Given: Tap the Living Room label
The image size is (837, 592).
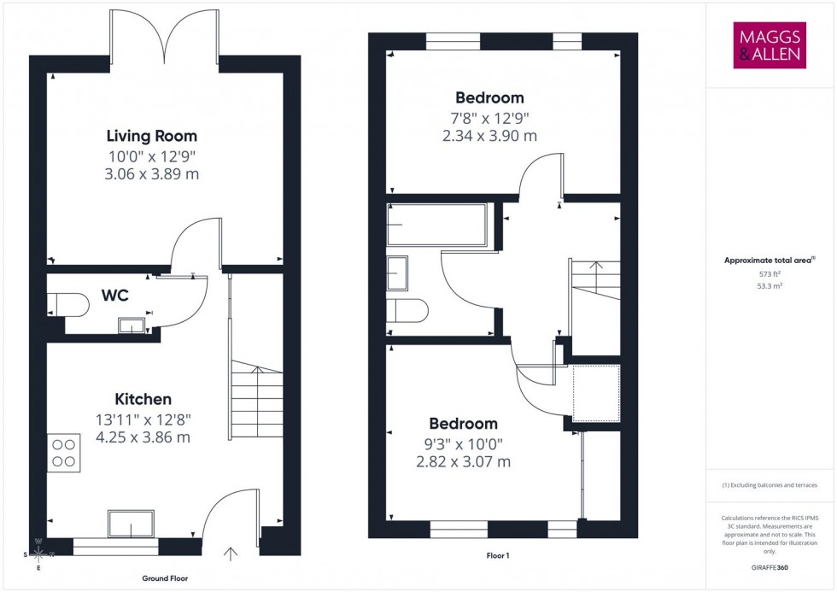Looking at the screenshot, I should pyautogui.click(x=151, y=136).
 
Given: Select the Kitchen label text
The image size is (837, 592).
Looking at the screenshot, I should pyautogui.click(x=143, y=399).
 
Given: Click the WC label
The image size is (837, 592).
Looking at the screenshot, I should pyautogui.click(x=115, y=296).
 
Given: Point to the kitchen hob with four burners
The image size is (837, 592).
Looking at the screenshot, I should pyautogui.click(x=64, y=452).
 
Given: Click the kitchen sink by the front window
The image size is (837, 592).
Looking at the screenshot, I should pyautogui.click(x=131, y=523).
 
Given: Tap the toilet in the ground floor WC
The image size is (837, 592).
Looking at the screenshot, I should pyautogui.click(x=67, y=304).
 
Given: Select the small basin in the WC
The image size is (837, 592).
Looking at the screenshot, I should pyautogui.click(x=132, y=325).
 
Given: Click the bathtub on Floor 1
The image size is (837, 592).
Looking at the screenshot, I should pyautogui.click(x=436, y=225).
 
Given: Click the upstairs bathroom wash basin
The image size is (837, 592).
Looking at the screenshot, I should pyautogui.click(x=399, y=273).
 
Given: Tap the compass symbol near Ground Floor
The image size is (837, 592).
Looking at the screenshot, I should pyautogui.click(x=38, y=554).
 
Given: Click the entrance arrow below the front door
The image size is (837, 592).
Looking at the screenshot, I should pyautogui.click(x=230, y=554).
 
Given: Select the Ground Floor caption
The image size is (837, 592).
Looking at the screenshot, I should pyautogui.click(x=165, y=578).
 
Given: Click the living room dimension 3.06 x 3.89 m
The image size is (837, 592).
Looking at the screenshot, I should pyautogui.click(x=151, y=173).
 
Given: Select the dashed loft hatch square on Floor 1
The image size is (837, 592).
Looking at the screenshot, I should pyautogui.click(x=595, y=393).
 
